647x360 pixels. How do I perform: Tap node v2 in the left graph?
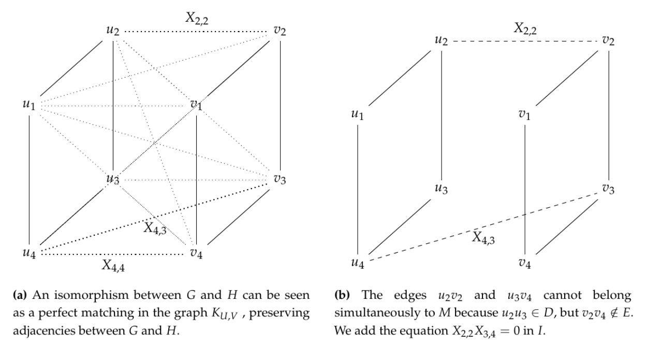click(280, 31)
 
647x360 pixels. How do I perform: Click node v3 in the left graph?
click(280, 180)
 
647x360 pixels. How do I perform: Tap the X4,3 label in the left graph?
click(155, 228)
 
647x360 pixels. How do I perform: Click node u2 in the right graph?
click(442, 40)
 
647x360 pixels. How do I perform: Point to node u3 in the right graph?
click(442, 188)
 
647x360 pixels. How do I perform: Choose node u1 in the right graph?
click(358, 114)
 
